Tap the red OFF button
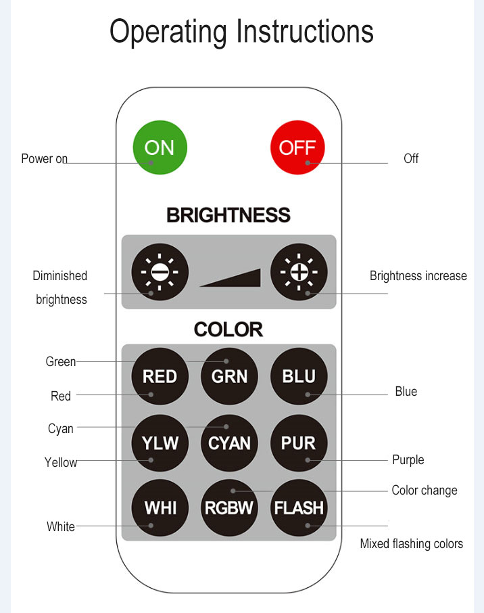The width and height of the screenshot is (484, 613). [x=297, y=147]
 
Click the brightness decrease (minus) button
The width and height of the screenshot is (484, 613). [x=160, y=272]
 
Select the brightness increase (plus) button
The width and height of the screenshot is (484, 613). [x=299, y=272]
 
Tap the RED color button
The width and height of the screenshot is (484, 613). [x=160, y=376]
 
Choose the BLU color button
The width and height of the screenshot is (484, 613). [x=299, y=376]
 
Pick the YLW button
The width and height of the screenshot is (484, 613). [x=160, y=443]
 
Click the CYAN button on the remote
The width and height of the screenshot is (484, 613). [x=229, y=443]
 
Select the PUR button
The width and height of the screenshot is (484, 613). [x=299, y=443]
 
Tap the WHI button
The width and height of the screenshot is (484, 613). [x=160, y=508]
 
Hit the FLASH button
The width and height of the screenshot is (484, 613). [x=299, y=508]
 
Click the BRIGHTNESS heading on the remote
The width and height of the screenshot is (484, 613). [x=228, y=215]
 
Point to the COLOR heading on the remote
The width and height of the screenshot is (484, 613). [x=228, y=330]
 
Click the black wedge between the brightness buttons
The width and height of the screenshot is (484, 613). [x=239, y=280]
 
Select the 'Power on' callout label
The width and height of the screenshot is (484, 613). [x=44, y=159]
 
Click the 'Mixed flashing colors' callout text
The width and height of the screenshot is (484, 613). [x=412, y=544]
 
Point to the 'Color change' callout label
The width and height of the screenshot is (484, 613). [x=425, y=491]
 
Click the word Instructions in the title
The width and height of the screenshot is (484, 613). [x=305, y=31]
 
